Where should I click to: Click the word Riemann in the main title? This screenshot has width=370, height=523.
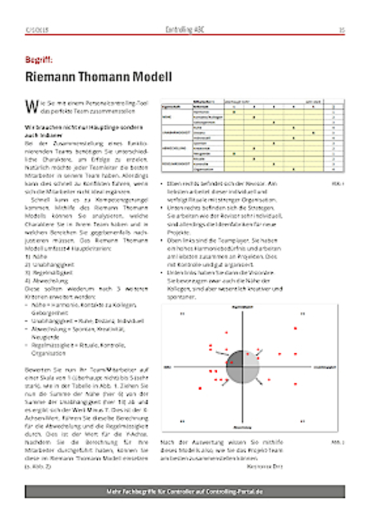(x=51, y=77)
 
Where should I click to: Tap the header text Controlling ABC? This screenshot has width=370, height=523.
(x=184, y=30)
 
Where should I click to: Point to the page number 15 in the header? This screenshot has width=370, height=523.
(x=341, y=31)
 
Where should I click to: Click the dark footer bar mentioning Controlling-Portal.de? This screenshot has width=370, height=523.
(x=184, y=492)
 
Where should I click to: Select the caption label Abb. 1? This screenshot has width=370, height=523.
(x=338, y=184)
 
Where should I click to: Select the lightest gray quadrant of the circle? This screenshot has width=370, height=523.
(x=251, y=360)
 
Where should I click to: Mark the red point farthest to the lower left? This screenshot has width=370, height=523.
(x=200, y=389)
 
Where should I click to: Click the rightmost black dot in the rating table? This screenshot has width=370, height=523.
(x=313, y=133)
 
